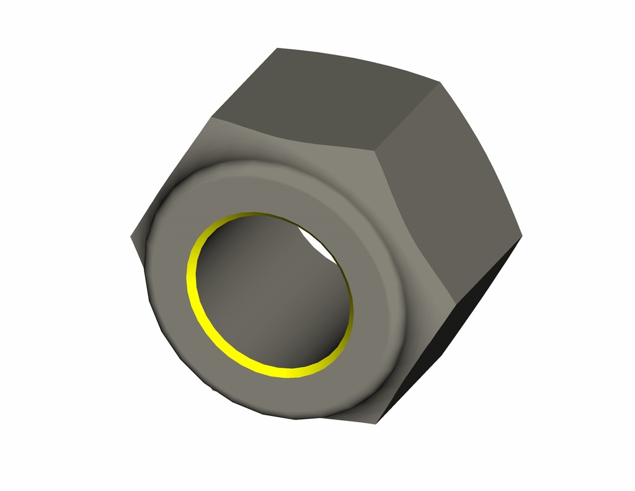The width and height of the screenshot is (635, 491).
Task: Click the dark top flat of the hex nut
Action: [x=322, y=99]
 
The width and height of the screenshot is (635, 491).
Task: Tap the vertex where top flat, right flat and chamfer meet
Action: [x=373, y=151]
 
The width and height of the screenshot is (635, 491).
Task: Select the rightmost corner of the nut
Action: [x=522, y=235]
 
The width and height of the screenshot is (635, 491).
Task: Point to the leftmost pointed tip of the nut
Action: [x=131, y=236]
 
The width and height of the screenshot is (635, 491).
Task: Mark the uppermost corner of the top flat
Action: [x=277, y=48]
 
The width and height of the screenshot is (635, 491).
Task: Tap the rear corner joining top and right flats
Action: [x=440, y=81]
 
